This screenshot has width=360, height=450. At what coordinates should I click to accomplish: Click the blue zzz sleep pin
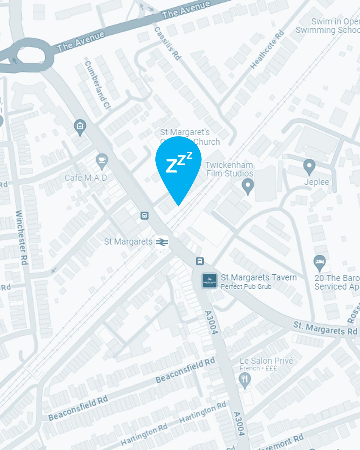tap(178, 165)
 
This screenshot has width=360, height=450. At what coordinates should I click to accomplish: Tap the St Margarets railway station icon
tap(162, 242)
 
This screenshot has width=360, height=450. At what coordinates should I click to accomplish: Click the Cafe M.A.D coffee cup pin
tap(102, 161)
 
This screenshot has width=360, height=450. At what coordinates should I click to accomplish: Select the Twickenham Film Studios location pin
tap(248, 186)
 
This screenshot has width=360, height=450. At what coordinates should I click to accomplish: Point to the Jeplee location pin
tap(309, 166)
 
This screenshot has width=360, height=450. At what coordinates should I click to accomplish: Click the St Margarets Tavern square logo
tap(209, 280)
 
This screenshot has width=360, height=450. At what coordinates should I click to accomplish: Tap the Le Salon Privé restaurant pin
tap(245, 380)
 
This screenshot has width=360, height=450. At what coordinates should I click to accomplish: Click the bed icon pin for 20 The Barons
tap(319, 262)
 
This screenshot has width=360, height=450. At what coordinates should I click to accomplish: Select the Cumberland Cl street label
tap(97, 84)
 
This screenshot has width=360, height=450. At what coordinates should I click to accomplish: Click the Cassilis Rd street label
tap(168, 43)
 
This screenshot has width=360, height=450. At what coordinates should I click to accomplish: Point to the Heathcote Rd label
tap(267, 49)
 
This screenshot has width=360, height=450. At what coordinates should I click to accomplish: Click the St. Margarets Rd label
tap(325, 328)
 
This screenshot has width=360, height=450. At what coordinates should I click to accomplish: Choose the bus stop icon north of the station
tap(145, 215)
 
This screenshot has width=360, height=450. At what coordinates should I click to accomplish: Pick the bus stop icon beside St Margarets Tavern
tap(200, 261)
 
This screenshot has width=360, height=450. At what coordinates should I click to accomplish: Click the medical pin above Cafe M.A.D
tap(80, 127)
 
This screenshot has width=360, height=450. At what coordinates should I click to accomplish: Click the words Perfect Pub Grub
tap(246, 287)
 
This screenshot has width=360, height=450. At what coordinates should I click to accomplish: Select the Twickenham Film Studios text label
tap(229, 169)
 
